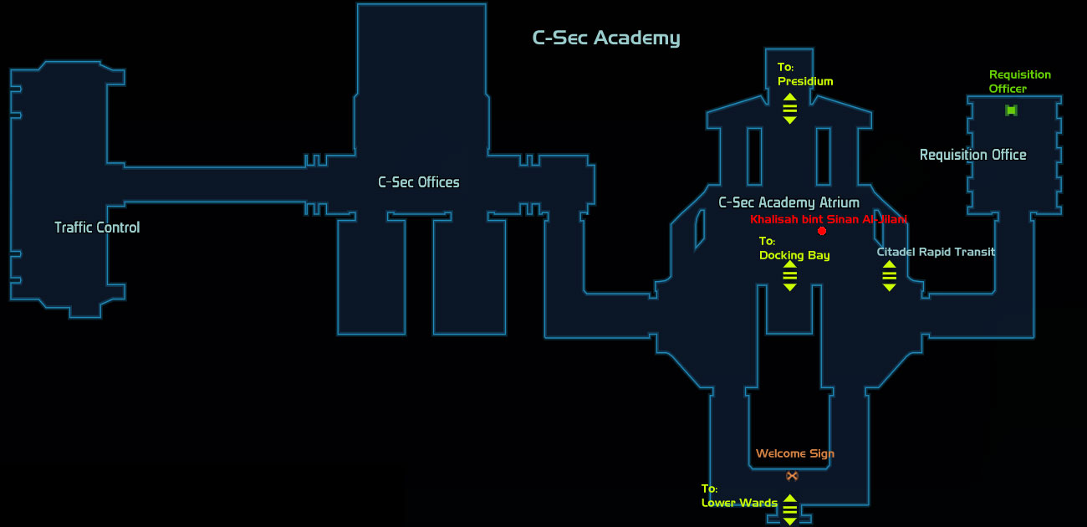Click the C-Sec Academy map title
coord(606,38)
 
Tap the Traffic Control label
coord(97,227)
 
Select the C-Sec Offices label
coord(419,182)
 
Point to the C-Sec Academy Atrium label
coord(789,202)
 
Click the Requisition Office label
coord(973,155)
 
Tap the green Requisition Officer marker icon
coord(1011,110)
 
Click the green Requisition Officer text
coord(1019,81)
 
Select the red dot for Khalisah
coord(822,231)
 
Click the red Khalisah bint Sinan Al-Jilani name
coord(829,219)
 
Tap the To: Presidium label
coord(805,74)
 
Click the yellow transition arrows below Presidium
coord(790,108)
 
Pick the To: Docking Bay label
coord(794,248)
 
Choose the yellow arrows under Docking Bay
coord(790,276)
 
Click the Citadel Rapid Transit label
coord(936,252)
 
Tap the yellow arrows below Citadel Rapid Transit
coord(889,276)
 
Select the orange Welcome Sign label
coord(795,453)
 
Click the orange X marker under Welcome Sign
coord(792,476)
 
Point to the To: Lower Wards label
coord(739,496)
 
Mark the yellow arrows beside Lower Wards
coord(790,509)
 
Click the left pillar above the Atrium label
coord(754,156)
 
